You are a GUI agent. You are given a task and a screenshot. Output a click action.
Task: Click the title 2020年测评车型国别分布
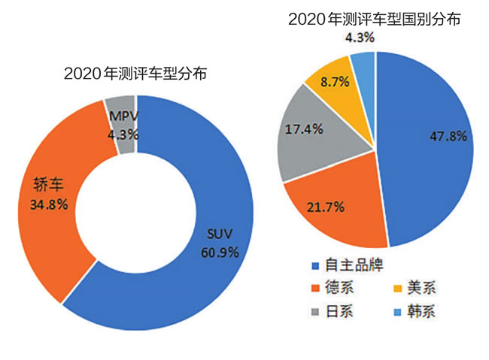coord(375,18)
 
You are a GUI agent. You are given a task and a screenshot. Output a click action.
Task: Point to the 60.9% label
coord(220,252)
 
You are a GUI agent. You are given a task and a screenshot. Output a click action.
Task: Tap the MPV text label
coord(121,117)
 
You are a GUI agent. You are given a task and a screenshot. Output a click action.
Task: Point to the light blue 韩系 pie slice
coord(364,64)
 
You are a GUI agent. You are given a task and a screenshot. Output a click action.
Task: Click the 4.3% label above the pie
coord(360,36)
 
